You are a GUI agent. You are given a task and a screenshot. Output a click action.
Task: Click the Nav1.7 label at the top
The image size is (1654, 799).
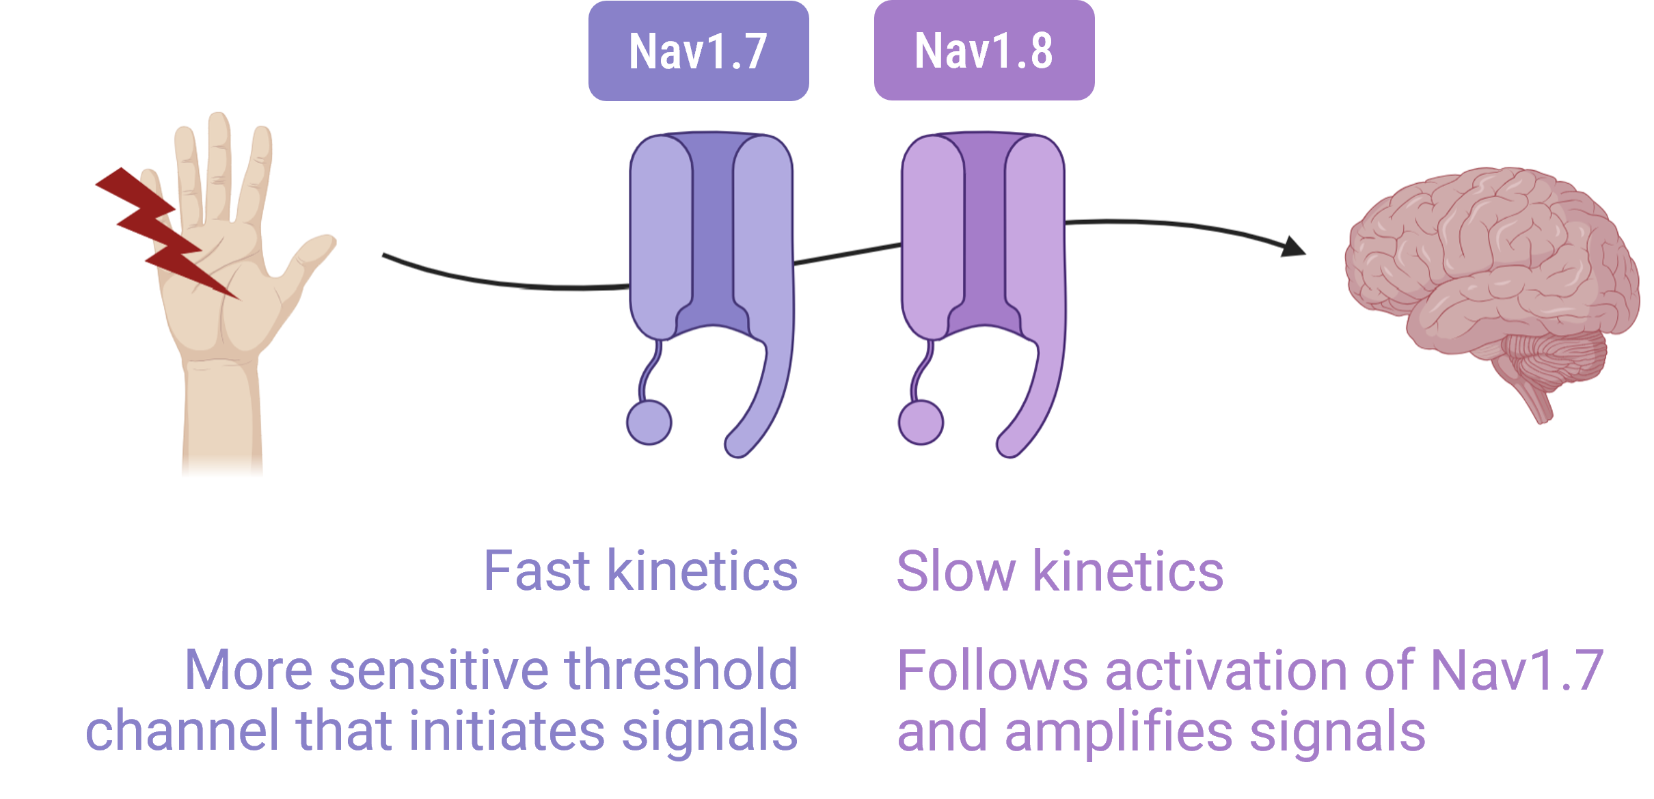(697, 52)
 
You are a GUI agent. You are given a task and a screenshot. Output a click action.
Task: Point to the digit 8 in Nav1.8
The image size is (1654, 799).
(1040, 52)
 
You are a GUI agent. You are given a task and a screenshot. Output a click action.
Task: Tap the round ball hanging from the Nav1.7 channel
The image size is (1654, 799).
(649, 422)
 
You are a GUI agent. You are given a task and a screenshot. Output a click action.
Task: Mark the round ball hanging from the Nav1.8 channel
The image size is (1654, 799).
(921, 422)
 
